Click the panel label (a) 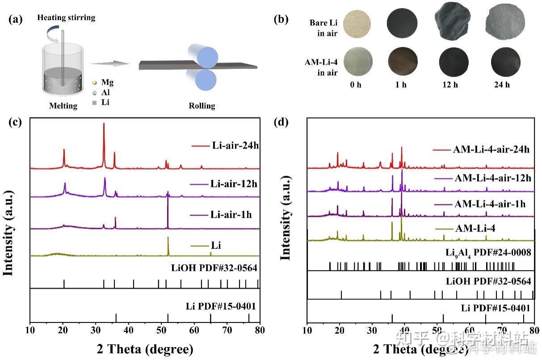pyautogui.click(x=17, y=20)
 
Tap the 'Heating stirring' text pyautogui.click(x=66, y=18)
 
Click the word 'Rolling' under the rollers pyautogui.click(x=202, y=106)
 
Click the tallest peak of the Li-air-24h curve pyautogui.click(x=104, y=124)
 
